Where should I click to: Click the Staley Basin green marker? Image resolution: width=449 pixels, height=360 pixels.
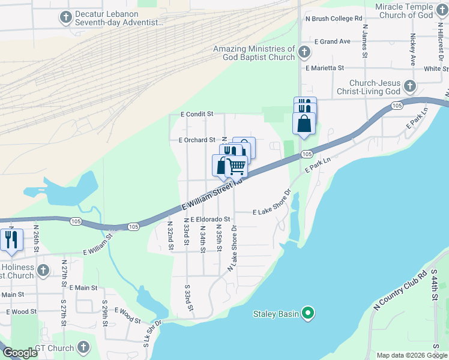tap(308, 313)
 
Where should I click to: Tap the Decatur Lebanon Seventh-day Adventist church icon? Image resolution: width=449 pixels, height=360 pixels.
tap(65, 18)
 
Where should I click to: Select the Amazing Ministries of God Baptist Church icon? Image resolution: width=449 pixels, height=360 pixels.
tap(304, 53)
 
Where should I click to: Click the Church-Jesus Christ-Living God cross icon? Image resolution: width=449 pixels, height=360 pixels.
tap(410, 86)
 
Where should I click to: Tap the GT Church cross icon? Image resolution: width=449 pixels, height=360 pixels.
tap(83, 347)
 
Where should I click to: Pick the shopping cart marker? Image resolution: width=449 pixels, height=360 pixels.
tap(237, 166)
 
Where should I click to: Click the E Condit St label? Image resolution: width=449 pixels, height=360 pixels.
tap(197, 113)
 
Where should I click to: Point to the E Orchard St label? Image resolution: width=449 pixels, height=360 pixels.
tap(197, 140)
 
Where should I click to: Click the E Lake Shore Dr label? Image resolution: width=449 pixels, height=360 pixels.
tap(271, 212)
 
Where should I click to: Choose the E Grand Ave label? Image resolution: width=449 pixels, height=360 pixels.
tap(332, 42)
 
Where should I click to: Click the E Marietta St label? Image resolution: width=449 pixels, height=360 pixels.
tap(324, 68)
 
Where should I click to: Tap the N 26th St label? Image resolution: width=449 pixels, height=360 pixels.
tap(36, 238)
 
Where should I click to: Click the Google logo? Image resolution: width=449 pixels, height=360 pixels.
tap(19, 353)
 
